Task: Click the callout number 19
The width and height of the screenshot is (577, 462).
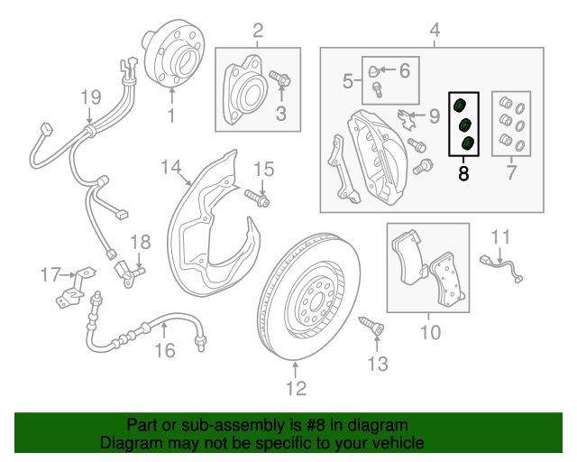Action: (x=90, y=97)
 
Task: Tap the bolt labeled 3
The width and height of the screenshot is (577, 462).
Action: (x=279, y=81)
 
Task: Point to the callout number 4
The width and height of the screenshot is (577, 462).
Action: (x=435, y=32)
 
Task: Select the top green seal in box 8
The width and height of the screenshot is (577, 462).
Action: (x=459, y=100)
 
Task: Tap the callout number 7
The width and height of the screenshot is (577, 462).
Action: (x=512, y=171)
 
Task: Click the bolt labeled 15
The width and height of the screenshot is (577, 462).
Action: (x=256, y=196)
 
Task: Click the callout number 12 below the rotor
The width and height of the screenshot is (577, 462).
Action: (x=297, y=389)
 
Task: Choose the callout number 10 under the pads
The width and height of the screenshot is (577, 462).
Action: (x=430, y=333)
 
